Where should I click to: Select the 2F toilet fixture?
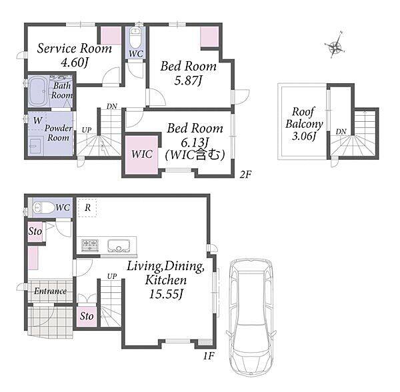tap(135, 37)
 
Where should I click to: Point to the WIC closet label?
tap(142, 154)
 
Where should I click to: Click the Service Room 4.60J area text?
tap(74, 55)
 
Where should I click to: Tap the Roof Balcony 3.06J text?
tap(304, 124)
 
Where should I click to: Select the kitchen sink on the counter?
tap(119, 246)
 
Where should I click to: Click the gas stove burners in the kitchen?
tap(90, 245)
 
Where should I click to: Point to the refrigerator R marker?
tap(87, 208)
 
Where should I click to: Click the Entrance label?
tap(50, 291)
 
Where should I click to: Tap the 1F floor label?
tap(209, 356)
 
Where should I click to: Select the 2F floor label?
tap(245, 174)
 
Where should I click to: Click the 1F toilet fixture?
tap(43, 208)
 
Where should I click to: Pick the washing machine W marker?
tap(37, 120)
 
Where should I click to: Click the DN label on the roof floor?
tap(341, 132)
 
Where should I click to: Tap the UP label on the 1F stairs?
tap(112, 276)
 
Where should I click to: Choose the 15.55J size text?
tap(166, 294)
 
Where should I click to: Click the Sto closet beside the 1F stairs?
tap(87, 316)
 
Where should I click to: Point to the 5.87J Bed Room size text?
tap(188, 81)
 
